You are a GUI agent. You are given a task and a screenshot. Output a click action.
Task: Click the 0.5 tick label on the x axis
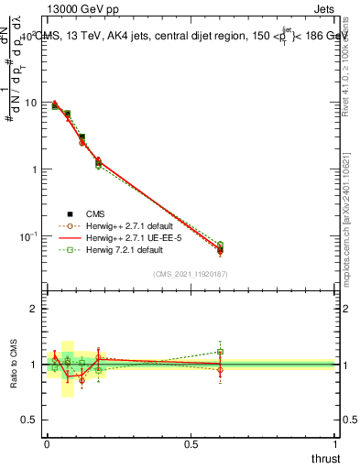[x=191, y=444]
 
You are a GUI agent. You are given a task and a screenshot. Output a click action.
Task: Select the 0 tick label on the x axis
[x=47, y=444]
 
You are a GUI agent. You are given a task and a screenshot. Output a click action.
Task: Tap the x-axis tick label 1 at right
[x=336, y=444]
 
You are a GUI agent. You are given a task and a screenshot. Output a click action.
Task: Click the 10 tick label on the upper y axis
[x=30, y=103]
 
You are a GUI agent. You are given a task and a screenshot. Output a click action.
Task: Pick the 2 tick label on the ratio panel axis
[x=34, y=309]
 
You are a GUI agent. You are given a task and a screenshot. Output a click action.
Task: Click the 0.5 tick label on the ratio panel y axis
[x=30, y=420]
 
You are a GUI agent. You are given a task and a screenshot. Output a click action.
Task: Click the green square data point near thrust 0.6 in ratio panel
[x=220, y=352]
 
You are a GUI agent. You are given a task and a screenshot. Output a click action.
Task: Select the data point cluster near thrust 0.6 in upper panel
[x=220, y=247]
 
